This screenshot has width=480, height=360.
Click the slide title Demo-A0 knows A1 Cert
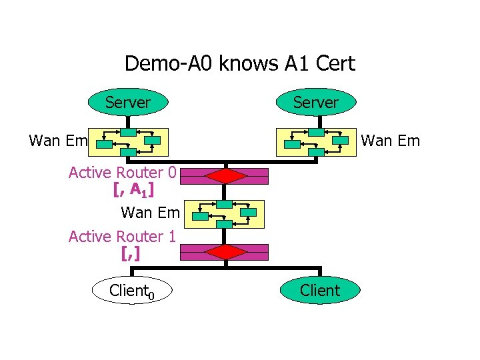240,64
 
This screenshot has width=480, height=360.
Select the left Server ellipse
128,103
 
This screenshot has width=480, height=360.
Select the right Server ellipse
317,103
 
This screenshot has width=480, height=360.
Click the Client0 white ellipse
132,291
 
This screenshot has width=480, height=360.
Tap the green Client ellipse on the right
320,291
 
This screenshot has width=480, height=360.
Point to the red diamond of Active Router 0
227,176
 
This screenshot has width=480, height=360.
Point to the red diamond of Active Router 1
227,252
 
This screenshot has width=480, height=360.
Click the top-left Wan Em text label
59,141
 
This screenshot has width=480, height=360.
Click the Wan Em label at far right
390,141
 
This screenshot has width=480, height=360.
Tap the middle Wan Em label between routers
150,213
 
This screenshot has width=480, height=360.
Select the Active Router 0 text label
122,173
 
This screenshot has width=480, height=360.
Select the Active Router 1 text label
122,237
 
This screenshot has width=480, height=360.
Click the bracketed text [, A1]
133,190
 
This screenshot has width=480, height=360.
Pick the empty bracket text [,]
131,253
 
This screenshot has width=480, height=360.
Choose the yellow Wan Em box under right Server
316,141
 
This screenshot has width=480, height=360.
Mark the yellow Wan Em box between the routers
226,214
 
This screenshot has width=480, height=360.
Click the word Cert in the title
335,64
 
